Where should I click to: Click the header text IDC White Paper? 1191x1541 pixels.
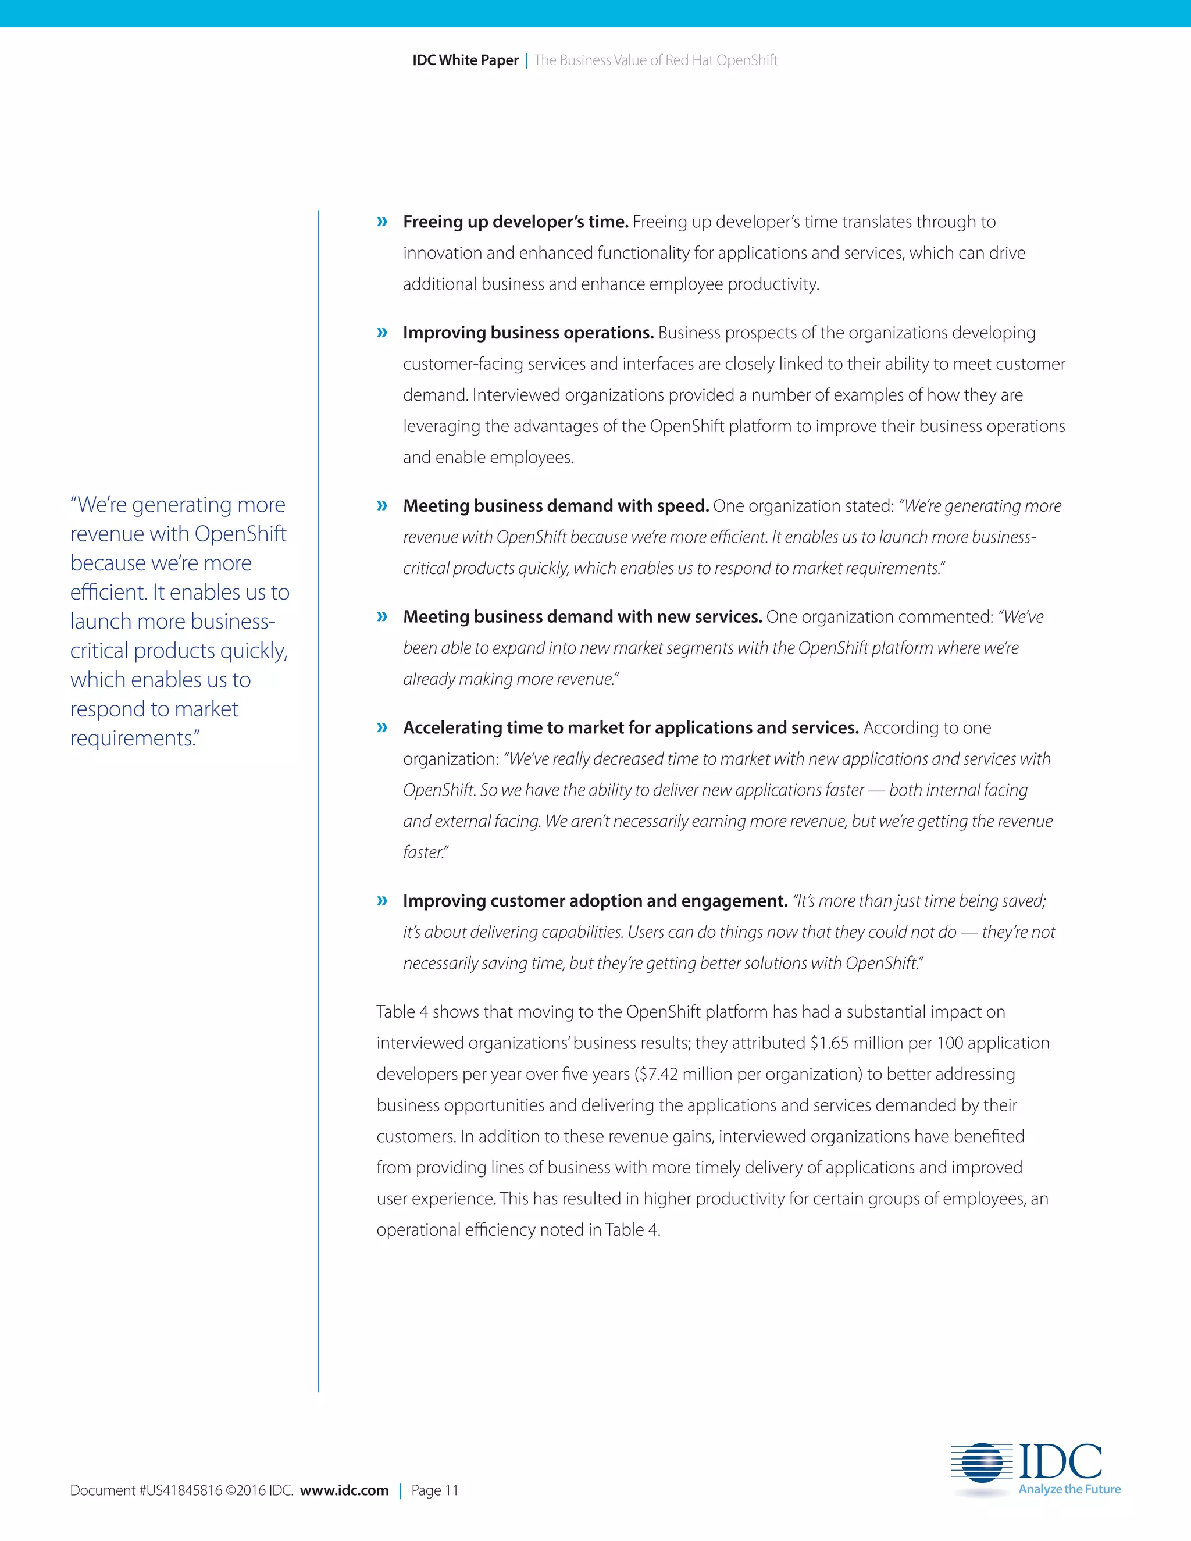coord(465,60)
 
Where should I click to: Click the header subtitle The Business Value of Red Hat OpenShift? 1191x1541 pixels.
coord(655,60)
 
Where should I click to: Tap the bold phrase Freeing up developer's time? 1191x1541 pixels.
coord(515,222)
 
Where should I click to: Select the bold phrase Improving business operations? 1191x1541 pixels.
coord(529,333)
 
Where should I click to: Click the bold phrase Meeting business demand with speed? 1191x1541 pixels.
coord(555,506)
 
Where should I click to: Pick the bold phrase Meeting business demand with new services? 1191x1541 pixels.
coord(582,616)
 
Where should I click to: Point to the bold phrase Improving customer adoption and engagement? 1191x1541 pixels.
coord(595,901)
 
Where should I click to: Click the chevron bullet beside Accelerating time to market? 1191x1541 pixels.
coord(383,727)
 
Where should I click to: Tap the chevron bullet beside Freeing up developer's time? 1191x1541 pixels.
coord(383,222)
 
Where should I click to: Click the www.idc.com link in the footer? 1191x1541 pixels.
coord(344,1490)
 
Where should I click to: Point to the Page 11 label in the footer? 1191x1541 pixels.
coord(434,1490)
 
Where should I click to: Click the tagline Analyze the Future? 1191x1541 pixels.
coord(1069,1489)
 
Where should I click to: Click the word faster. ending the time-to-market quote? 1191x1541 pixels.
coord(426,852)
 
